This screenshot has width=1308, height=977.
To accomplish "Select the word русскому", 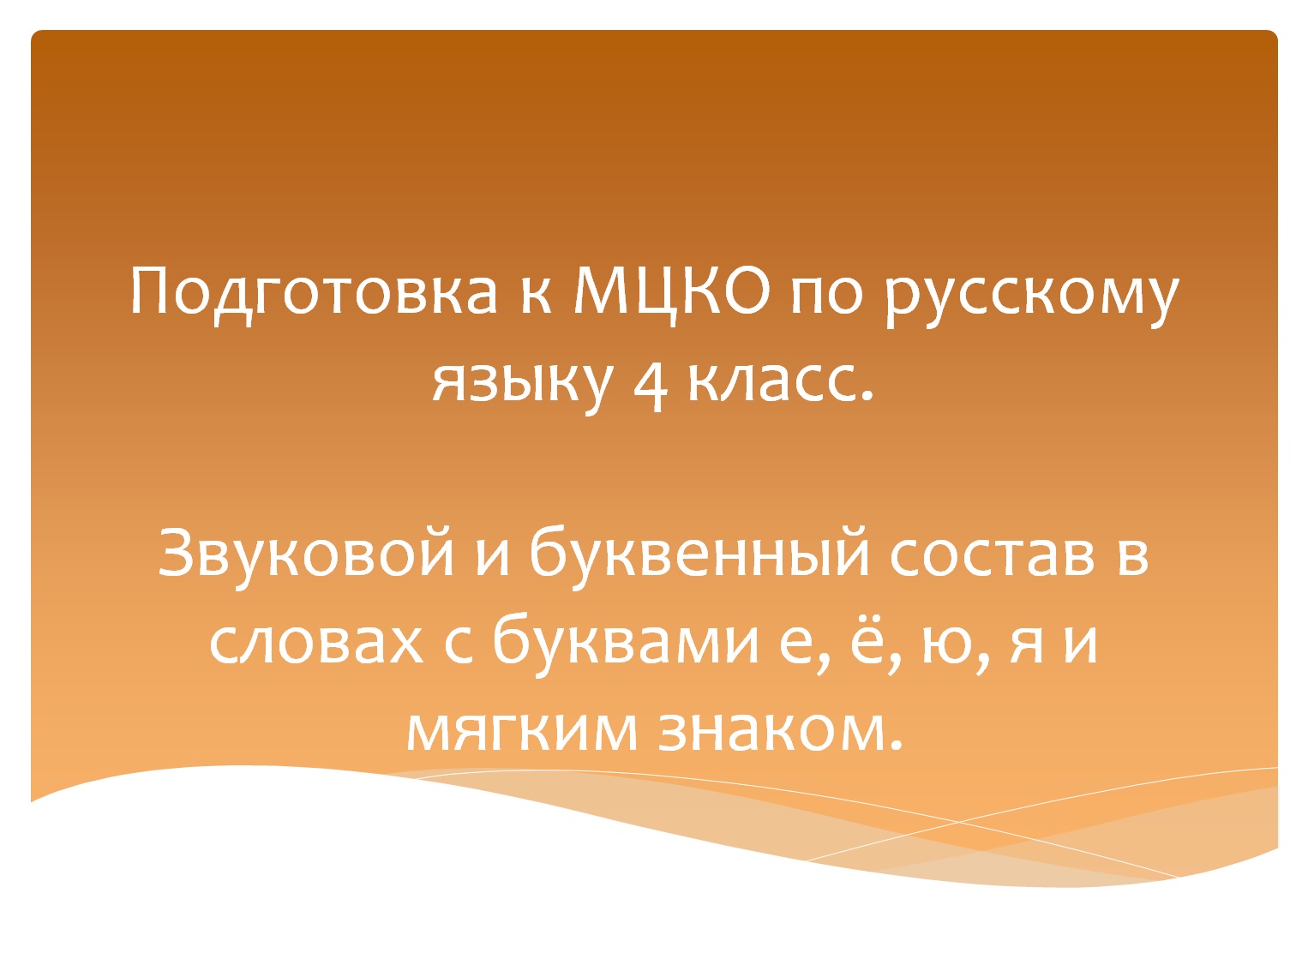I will click(1031, 296).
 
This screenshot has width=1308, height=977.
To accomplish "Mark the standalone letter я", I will click(1027, 643).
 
